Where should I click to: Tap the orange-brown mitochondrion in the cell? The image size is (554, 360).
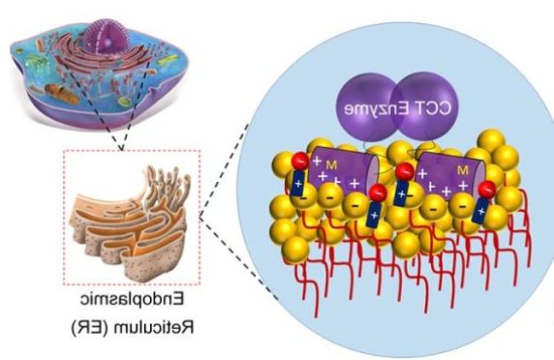pyautogui.click(x=61, y=93)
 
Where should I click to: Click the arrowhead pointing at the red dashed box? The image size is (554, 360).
pyautogui.click(x=121, y=146)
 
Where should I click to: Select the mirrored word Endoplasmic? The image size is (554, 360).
pyautogui.click(x=132, y=300)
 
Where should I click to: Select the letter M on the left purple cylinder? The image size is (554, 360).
pyautogui.click(x=331, y=165)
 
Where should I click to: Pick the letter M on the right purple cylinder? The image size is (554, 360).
pyautogui.click(x=463, y=171)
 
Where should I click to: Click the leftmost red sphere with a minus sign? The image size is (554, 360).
pyautogui.click(x=300, y=162)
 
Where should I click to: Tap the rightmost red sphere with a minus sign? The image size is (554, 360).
pyautogui.click(x=487, y=189)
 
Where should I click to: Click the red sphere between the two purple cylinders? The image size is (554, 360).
pyautogui.click(x=405, y=172)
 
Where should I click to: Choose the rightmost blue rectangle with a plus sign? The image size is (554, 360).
pyautogui.click(x=480, y=210)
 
